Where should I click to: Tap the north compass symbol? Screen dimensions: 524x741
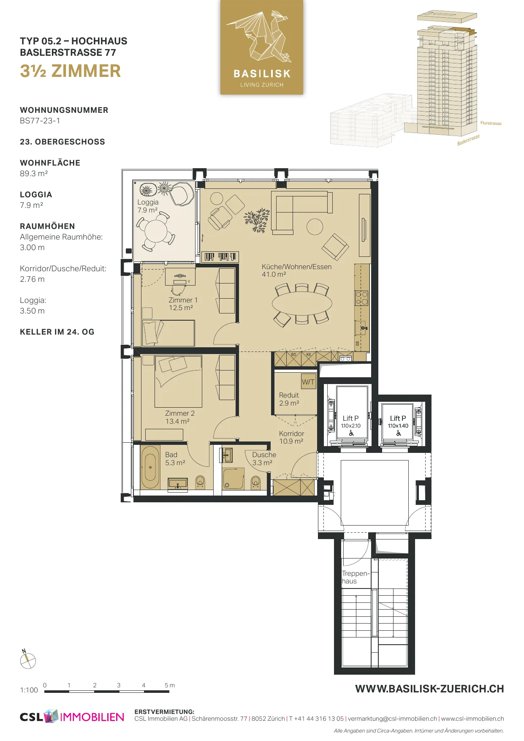(x=28, y=660)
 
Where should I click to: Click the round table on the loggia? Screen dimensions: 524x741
(x=155, y=231)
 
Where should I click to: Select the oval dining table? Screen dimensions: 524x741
(x=302, y=303)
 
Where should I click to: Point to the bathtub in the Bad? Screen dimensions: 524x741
(x=150, y=467)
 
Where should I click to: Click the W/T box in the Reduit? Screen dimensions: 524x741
(x=308, y=382)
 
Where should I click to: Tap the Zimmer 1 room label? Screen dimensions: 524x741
(x=182, y=304)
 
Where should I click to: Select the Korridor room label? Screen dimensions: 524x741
(x=291, y=437)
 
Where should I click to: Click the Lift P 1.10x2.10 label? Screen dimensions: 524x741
(x=351, y=422)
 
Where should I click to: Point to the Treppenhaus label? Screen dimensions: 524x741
(x=356, y=577)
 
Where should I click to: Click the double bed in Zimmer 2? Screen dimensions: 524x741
(x=178, y=381)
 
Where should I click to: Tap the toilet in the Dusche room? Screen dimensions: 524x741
(x=255, y=482)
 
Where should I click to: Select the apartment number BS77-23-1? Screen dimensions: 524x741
(x=40, y=121)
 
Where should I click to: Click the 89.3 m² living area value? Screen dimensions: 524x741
(x=34, y=174)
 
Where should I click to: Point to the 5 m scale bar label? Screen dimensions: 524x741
(x=169, y=685)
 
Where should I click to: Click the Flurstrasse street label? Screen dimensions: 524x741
(x=491, y=123)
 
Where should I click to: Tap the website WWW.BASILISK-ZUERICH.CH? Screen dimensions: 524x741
(x=429, y=689)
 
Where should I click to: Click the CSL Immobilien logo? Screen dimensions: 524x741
(x=72, y=717)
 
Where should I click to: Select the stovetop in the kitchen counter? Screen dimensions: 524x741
(x=361, y=297)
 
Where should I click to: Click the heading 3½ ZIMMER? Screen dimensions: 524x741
(x=71, y=71)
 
